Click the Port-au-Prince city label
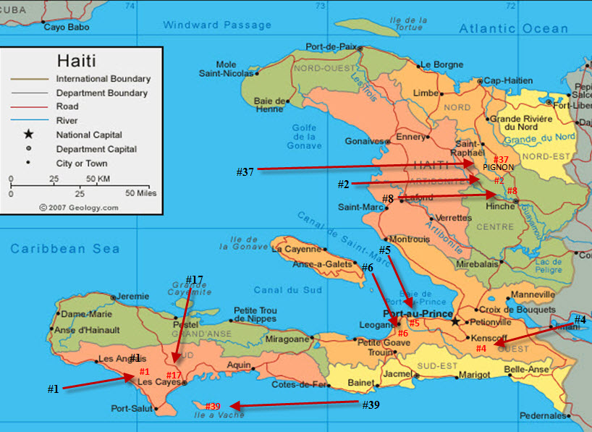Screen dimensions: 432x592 click(x=412, y=314)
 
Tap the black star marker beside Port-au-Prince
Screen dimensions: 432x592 click(x=455, y=321)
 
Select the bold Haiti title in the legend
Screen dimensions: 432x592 click(x=76, y=61)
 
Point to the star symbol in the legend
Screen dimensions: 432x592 click(x=28, y=135)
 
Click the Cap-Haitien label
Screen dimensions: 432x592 click(x=507, y=80)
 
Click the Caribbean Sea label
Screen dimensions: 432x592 click(x=64, y=249)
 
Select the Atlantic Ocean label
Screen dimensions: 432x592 click(x=513, y=28)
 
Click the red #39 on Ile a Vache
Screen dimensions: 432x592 click(x=213, y=407)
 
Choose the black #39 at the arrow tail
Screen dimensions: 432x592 click(x=371, y=405)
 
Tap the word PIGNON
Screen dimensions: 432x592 click(x=498, y=167)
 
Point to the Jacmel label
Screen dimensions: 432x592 click(x=397, y=374)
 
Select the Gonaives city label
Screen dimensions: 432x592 click(x=363, y=141)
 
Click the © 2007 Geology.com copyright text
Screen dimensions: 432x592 click(x=79, y=207)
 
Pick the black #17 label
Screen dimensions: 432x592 click(x=194, y=279)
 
